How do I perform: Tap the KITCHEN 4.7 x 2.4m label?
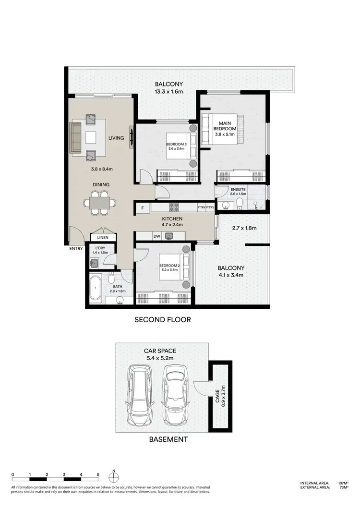pos(172,221)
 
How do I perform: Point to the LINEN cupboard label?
pos(103,237)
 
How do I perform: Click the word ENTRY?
pos(76,248)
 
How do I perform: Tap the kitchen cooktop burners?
pos(173,207)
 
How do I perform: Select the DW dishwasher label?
pos(156,236)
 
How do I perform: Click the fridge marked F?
pos(142,208)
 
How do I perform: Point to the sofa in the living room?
pos(76,138)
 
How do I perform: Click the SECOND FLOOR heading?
pos(163,319)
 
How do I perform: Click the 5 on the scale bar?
pos(98,474)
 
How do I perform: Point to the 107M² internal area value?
pos(342,483)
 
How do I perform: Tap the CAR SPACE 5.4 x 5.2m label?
pos(160,354)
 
